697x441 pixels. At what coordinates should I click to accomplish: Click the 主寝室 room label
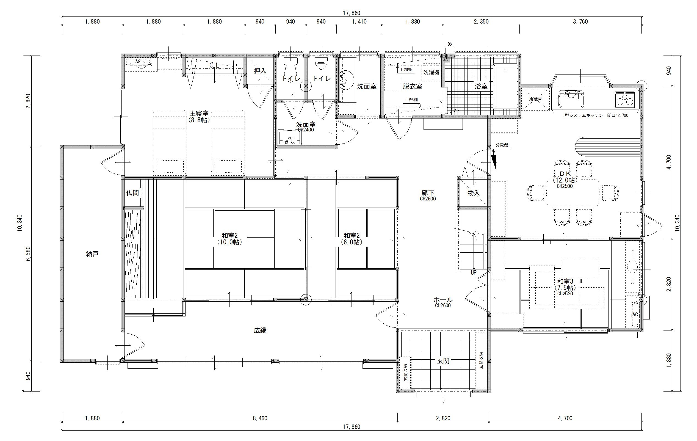(x=199, y=113)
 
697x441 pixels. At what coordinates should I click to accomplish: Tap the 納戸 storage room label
(x=92, y=254)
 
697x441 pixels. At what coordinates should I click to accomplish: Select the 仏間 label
(x=132, y=193)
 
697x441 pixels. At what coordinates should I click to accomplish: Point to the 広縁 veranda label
(x=260, y=330)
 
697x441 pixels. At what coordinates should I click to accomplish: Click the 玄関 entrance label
(x=443, y=361)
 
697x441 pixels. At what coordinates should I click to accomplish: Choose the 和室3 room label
(x=565, y=281)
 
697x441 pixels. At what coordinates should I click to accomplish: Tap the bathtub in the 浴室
(x=505, y=86)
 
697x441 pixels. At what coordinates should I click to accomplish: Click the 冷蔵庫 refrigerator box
(x=535, y=99)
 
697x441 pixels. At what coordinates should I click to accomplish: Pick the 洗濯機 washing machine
(x=431, y=72)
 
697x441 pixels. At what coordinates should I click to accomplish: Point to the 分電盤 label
(x=502, y=145)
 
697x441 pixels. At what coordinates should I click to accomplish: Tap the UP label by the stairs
(x=473, y=272)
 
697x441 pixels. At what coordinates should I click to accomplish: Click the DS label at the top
(x=450, y=44)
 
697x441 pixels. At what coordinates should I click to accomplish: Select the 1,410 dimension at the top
(x=359, y=21)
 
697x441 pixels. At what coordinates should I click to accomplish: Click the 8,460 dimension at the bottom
(x=260, y=418)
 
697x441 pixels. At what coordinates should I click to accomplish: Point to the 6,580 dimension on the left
(x=28, y=254)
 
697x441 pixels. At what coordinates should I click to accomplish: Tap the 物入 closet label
(x=474, y=193)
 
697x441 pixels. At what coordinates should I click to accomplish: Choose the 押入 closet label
(x=260, y=71)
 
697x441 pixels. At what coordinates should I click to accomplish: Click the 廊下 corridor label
(x=428, y=193)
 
